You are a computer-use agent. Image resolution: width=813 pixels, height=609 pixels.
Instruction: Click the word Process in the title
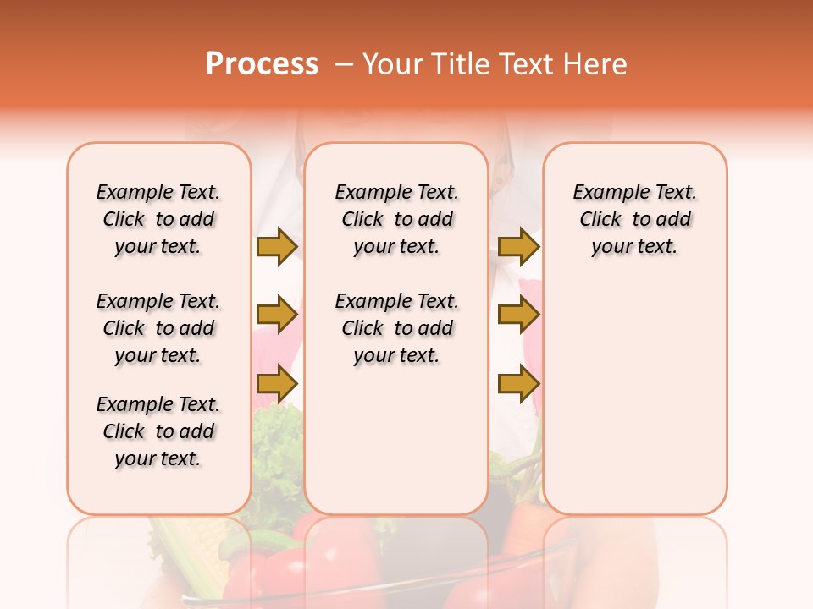tap(262, 64)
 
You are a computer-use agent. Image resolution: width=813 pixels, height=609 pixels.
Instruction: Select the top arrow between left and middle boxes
tap(277, 246)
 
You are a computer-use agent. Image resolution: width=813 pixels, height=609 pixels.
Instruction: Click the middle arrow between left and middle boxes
tap(277, 315)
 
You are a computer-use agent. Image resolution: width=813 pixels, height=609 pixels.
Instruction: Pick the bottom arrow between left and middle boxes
tap(277, 385)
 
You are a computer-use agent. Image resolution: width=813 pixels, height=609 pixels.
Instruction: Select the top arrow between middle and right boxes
tap(518, 246)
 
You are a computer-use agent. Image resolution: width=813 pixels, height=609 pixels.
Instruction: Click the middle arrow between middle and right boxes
tap(518, 315)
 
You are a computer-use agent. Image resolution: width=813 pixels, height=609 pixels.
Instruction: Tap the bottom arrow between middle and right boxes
tap(518, 385)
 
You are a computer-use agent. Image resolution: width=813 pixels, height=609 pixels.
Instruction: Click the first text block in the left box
tap(158, 219)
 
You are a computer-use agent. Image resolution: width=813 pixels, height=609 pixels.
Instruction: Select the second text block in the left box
tap(158, 328)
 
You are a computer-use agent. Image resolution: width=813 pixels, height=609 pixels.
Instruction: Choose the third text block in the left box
tap(158, 431)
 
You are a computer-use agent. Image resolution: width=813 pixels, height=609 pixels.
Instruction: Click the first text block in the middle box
tap(396, 219)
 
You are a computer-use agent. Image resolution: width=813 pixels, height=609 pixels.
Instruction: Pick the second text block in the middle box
tap(396, 328)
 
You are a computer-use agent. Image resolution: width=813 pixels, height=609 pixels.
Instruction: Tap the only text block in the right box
tap(634, 219)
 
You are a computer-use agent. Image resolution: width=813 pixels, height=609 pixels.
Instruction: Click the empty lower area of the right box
tap(634, 406)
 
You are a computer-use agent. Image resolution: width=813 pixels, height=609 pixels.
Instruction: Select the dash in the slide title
tap(345, 64)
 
